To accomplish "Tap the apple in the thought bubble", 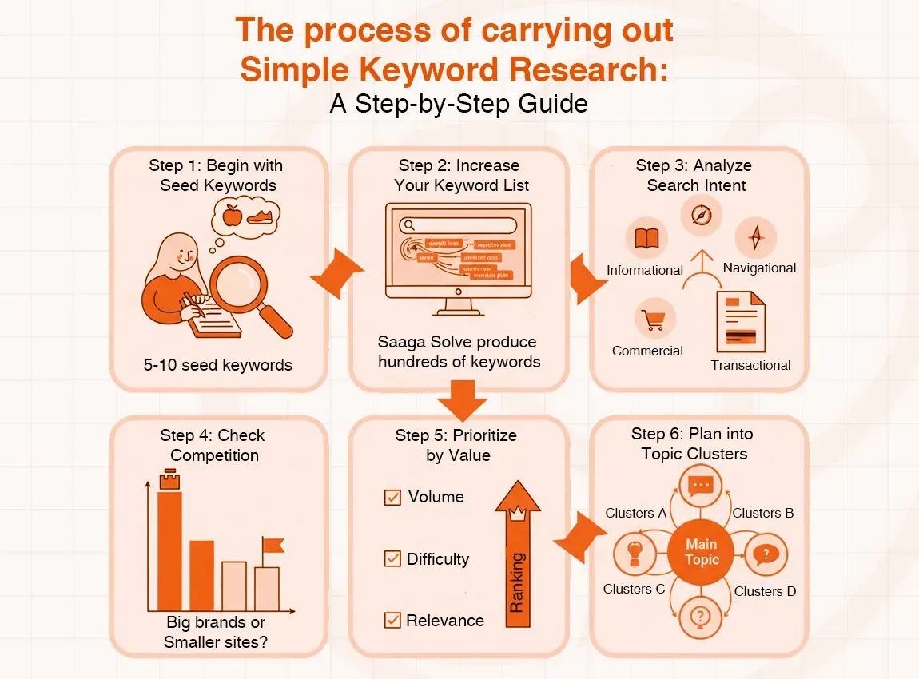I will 233,215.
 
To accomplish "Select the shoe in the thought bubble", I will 262,216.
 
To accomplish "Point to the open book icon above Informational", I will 645,238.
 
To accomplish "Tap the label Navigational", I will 759,268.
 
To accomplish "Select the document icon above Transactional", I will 740,322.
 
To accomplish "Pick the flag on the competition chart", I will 273,546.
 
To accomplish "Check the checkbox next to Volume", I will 392,498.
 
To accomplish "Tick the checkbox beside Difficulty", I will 392,559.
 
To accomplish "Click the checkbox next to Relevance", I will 392,620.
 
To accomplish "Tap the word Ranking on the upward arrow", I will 517,582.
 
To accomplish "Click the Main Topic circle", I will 702,552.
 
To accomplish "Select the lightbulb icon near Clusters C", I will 635,552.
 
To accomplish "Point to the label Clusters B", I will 762,513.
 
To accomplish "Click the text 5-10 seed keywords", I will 218,366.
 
